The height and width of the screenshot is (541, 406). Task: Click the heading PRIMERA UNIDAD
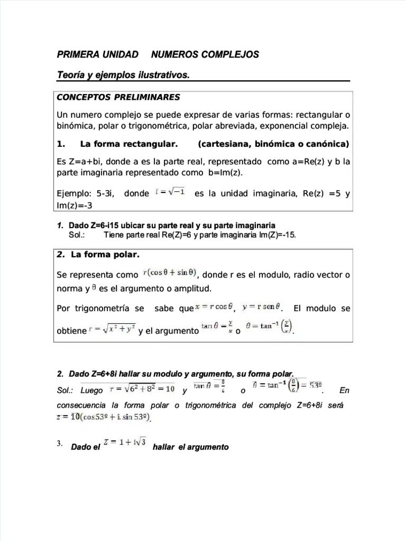coord(98,54)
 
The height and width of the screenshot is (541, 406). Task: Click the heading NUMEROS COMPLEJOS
coord(205,54)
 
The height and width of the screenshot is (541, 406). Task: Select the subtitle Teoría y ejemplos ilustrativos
coord(123,76)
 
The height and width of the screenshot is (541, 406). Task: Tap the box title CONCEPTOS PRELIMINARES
coord(118,97)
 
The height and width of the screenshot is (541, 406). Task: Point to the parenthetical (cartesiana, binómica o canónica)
coord(274,144)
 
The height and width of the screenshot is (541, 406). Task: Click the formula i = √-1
coord(170,192)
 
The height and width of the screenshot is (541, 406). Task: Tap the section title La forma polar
coord(105,255)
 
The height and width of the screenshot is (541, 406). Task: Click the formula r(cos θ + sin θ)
coord(170,273)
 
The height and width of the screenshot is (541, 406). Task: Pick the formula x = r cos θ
coord(215,307)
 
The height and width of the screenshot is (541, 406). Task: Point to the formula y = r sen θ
coord(262,307)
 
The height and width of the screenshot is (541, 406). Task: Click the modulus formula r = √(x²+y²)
coord(112,330)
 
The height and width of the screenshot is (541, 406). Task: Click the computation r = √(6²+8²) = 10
coord(142,389)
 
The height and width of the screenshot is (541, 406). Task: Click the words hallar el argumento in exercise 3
coord(190,447)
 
